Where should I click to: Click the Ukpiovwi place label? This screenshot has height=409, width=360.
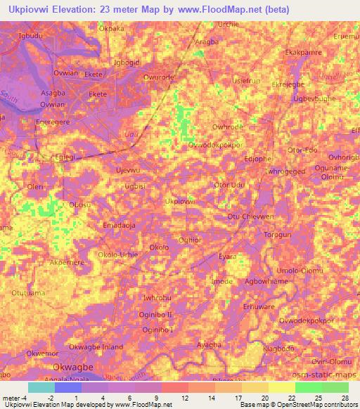[x=179, y=201]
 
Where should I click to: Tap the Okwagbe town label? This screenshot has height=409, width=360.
[x=75, y=367]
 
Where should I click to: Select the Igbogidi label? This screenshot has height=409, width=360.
[x=128, y=61]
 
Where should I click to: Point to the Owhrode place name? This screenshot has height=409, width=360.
[x=227, y=127]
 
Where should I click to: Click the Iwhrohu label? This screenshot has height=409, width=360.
[x=147, y=298]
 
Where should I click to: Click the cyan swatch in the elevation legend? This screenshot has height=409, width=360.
[x=41, y=387]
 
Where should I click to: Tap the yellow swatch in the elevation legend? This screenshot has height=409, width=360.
[x=281, y=387]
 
